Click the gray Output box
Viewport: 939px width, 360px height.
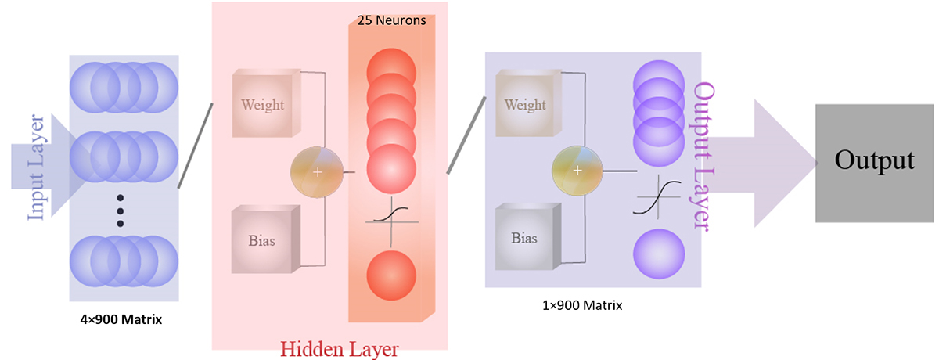(x=873, y=162)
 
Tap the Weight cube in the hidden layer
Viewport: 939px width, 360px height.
(x=263, y=105)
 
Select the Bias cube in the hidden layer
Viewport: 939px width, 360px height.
(x=263, y=239)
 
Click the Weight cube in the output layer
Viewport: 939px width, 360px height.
(x=525, y=105)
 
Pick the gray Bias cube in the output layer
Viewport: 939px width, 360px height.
(x=525, y=237)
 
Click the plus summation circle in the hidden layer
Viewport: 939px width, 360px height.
(x=317, y=172)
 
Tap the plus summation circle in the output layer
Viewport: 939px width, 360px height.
(x=578, y=171)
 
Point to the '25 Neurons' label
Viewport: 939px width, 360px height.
(x=391, y=20)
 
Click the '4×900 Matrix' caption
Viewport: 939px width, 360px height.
(x=121, y=319)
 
